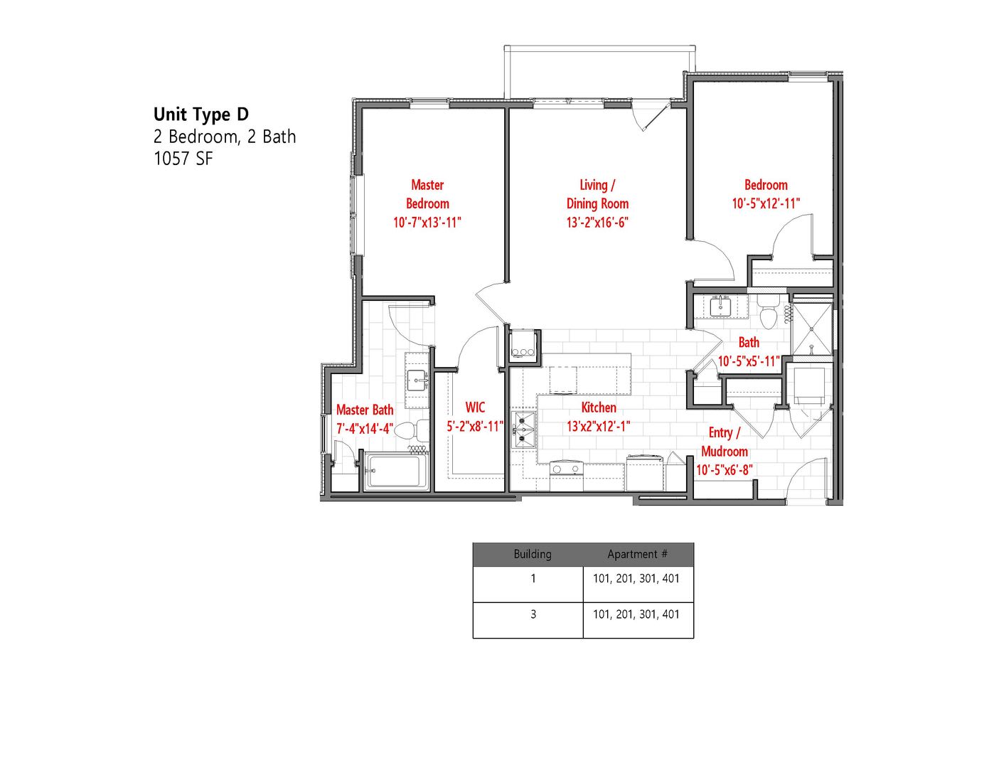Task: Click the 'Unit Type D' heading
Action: pyautogui.click(x=201, y=114)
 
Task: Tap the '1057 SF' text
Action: pyautogui.click(x=183, y=159)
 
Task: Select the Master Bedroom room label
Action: pyautogui.click(x=427, y=194)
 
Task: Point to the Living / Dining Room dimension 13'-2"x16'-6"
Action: pyautogui.click(x=597, y=223)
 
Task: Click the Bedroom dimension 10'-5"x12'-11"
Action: pyautogui.click(x=766, y=203)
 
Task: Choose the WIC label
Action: pyautogui.click(x=475, y=407)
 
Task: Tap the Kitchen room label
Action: pyautogui.click(x=599, y=407)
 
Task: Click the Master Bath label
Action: pyautogui.click(x=365, y=410)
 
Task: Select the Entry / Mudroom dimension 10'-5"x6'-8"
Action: pyautogui.click(x=725, y=470)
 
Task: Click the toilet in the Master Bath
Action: pyautogui.click(x=412, y=430)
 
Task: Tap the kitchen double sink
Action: pyautogui.click(x=524, y=430)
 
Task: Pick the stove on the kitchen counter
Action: pyautogui.click(x=566, y=469)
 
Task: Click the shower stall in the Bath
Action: pyautogui.click(x=813, y=329)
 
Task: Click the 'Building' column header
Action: pyautogui.click(x=532, y=555)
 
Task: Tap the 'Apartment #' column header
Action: pyautogui.click(x=637, y=555)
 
